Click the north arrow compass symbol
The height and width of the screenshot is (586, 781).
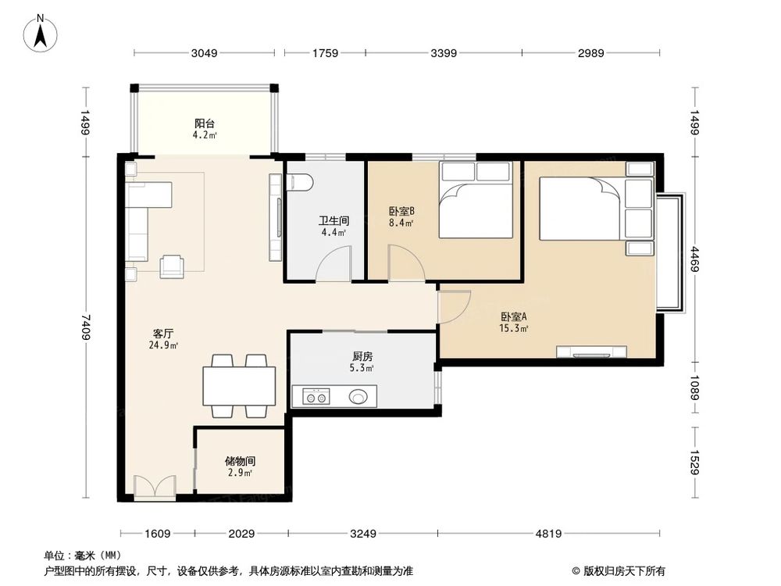41,32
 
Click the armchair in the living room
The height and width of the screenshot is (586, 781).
172,266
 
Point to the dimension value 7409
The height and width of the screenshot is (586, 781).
86,325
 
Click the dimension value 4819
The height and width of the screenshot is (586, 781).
546,534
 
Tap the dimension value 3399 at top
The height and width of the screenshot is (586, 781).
443,53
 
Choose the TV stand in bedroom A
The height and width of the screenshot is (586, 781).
591,351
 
